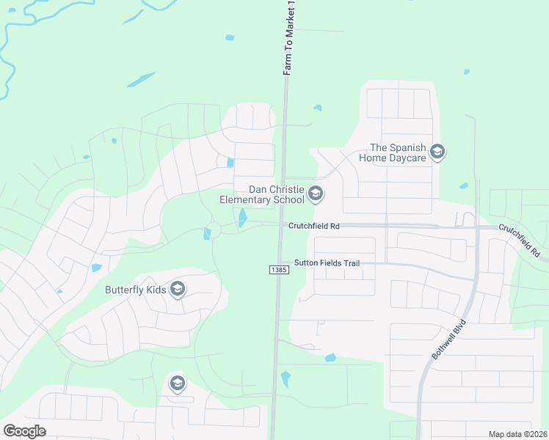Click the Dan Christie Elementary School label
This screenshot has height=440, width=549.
pyautogui.click(x=261, y=194)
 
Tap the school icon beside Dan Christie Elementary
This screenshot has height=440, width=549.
pyautogui.click(x=316, y=194)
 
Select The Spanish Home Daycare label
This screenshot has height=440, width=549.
pyautogui.click(x=392, y=153)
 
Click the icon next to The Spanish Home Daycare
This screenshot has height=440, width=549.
pyautogui.click(x=437, y=153)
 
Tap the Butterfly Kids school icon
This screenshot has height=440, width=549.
pyautogui.click(x=177, y=290)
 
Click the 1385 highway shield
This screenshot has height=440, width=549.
pyautogui.click(x=278, y=271)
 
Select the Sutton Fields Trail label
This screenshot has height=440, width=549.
pyautogui.click(x=327, y=263)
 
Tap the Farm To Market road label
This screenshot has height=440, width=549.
pyautogui.click(x=288, y=37)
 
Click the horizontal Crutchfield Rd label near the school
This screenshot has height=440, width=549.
pyautogui.click(x=313, y=227)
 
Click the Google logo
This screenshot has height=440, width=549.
pyautogui.click(x=24, y=431)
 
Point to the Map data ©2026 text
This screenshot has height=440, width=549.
pyautogui.click(x=517, y=434)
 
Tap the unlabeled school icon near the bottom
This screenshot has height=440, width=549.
pyautogui.click(x=177, y=383)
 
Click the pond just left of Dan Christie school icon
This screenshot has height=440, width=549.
pyautogui.click(x=242, y=218)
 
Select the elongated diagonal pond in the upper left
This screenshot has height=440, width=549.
pyautogui.click(x=141, y=79)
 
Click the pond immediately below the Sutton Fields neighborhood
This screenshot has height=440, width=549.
pyautogui.click(x=330, y=358)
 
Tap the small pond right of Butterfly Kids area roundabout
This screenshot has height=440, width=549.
pyautogui.click(x=207, y=233)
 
